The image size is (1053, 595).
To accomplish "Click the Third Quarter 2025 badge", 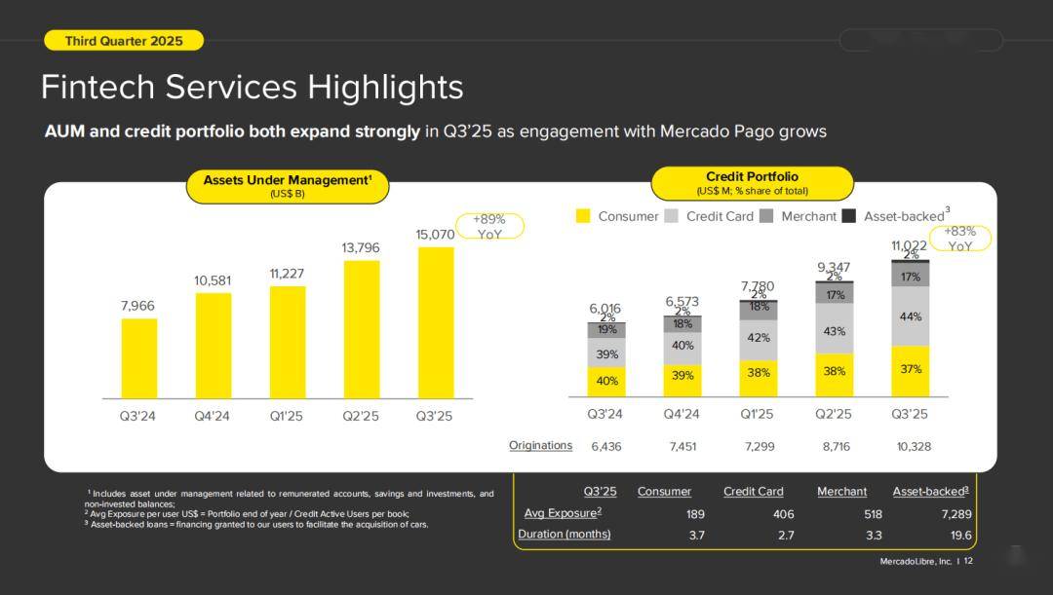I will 124,40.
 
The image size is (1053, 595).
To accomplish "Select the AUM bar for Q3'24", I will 138,357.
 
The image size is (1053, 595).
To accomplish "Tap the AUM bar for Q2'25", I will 362,329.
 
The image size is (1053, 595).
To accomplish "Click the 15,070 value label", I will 435,235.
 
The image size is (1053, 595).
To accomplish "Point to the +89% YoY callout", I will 489,227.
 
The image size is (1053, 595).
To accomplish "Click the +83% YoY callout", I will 960,239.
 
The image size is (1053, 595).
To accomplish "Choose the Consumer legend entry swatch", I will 584,216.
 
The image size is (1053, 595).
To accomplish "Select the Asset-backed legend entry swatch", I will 848,216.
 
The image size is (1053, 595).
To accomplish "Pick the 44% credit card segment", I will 910,316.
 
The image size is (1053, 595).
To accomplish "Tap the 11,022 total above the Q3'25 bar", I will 909,245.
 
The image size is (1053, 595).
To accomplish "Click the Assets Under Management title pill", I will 287,186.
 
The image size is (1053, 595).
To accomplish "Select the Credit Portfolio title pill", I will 752,183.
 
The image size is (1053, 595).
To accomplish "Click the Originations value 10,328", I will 915,446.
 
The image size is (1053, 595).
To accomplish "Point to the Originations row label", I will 540,445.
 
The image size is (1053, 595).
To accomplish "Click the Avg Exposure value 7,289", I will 955,513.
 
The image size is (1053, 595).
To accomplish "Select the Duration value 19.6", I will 960,535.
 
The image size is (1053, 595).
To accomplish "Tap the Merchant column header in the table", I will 841,492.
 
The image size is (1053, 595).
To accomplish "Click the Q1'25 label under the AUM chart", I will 287,416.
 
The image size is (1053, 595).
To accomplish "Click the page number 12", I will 968,561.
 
